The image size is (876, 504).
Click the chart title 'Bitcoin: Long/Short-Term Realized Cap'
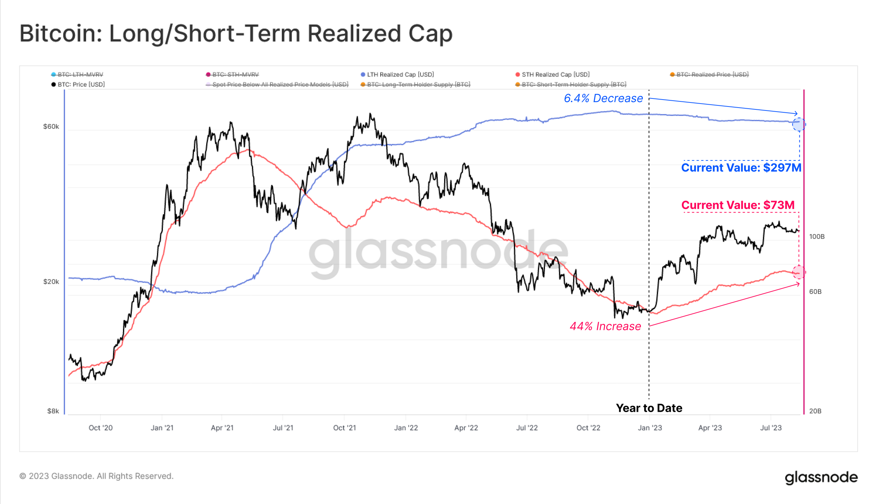(236, 34)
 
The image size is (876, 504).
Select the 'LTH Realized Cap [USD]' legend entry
(400, 74)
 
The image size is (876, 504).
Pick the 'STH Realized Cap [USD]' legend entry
(555, 74)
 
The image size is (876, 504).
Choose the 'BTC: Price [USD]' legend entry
(81, 84)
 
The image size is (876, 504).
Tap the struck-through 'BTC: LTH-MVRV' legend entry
(80, 74)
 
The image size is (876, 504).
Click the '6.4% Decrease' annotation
(603, 98)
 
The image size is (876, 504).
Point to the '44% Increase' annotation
(605, 326)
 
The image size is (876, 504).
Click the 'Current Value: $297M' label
(741, 167)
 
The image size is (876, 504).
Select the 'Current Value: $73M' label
(738, 205)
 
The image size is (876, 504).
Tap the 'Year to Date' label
(649, 408)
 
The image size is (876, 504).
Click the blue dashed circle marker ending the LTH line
(799, 124)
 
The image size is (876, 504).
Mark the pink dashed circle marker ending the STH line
(799, 272)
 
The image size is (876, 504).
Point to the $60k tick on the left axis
(51, 127)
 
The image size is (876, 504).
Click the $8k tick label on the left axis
(53, 411)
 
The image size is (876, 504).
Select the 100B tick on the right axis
(817, 236)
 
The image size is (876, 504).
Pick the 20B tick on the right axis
(815, 411)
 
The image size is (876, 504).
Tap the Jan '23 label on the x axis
(650, 428)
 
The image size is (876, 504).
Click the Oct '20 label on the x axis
(100, 428)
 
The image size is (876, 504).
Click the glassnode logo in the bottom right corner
(821, 477)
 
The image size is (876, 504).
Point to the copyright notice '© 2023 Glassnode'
(96, 476)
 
